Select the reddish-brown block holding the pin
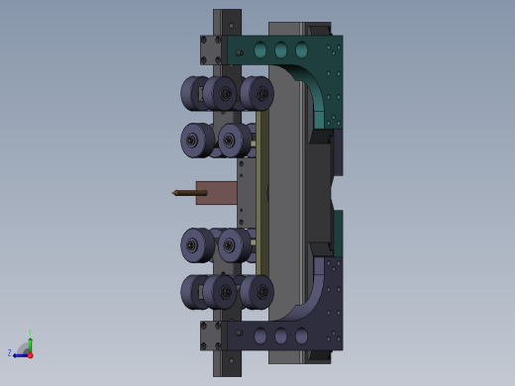[x=215, y=192]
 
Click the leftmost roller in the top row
[x=195, y=94]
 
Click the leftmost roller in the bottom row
[x=195, y=292]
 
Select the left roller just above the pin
[x=195, y=141]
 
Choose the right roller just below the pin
[x=234, y=244]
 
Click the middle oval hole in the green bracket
[x=280, y=50]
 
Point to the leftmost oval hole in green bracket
[x=260, y=50]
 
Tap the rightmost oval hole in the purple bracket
[x=301, y=337]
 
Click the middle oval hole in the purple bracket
[x=280, y=337]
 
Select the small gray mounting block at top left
[x=211, y=50]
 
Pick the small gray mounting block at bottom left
[x=211, y=335]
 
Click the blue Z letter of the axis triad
[x=10, y=352]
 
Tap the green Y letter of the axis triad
[x=30, y=334]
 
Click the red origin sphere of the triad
[x=30, y=354]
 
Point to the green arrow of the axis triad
[x=30, y=343]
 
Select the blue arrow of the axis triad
[x=20, y=354]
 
